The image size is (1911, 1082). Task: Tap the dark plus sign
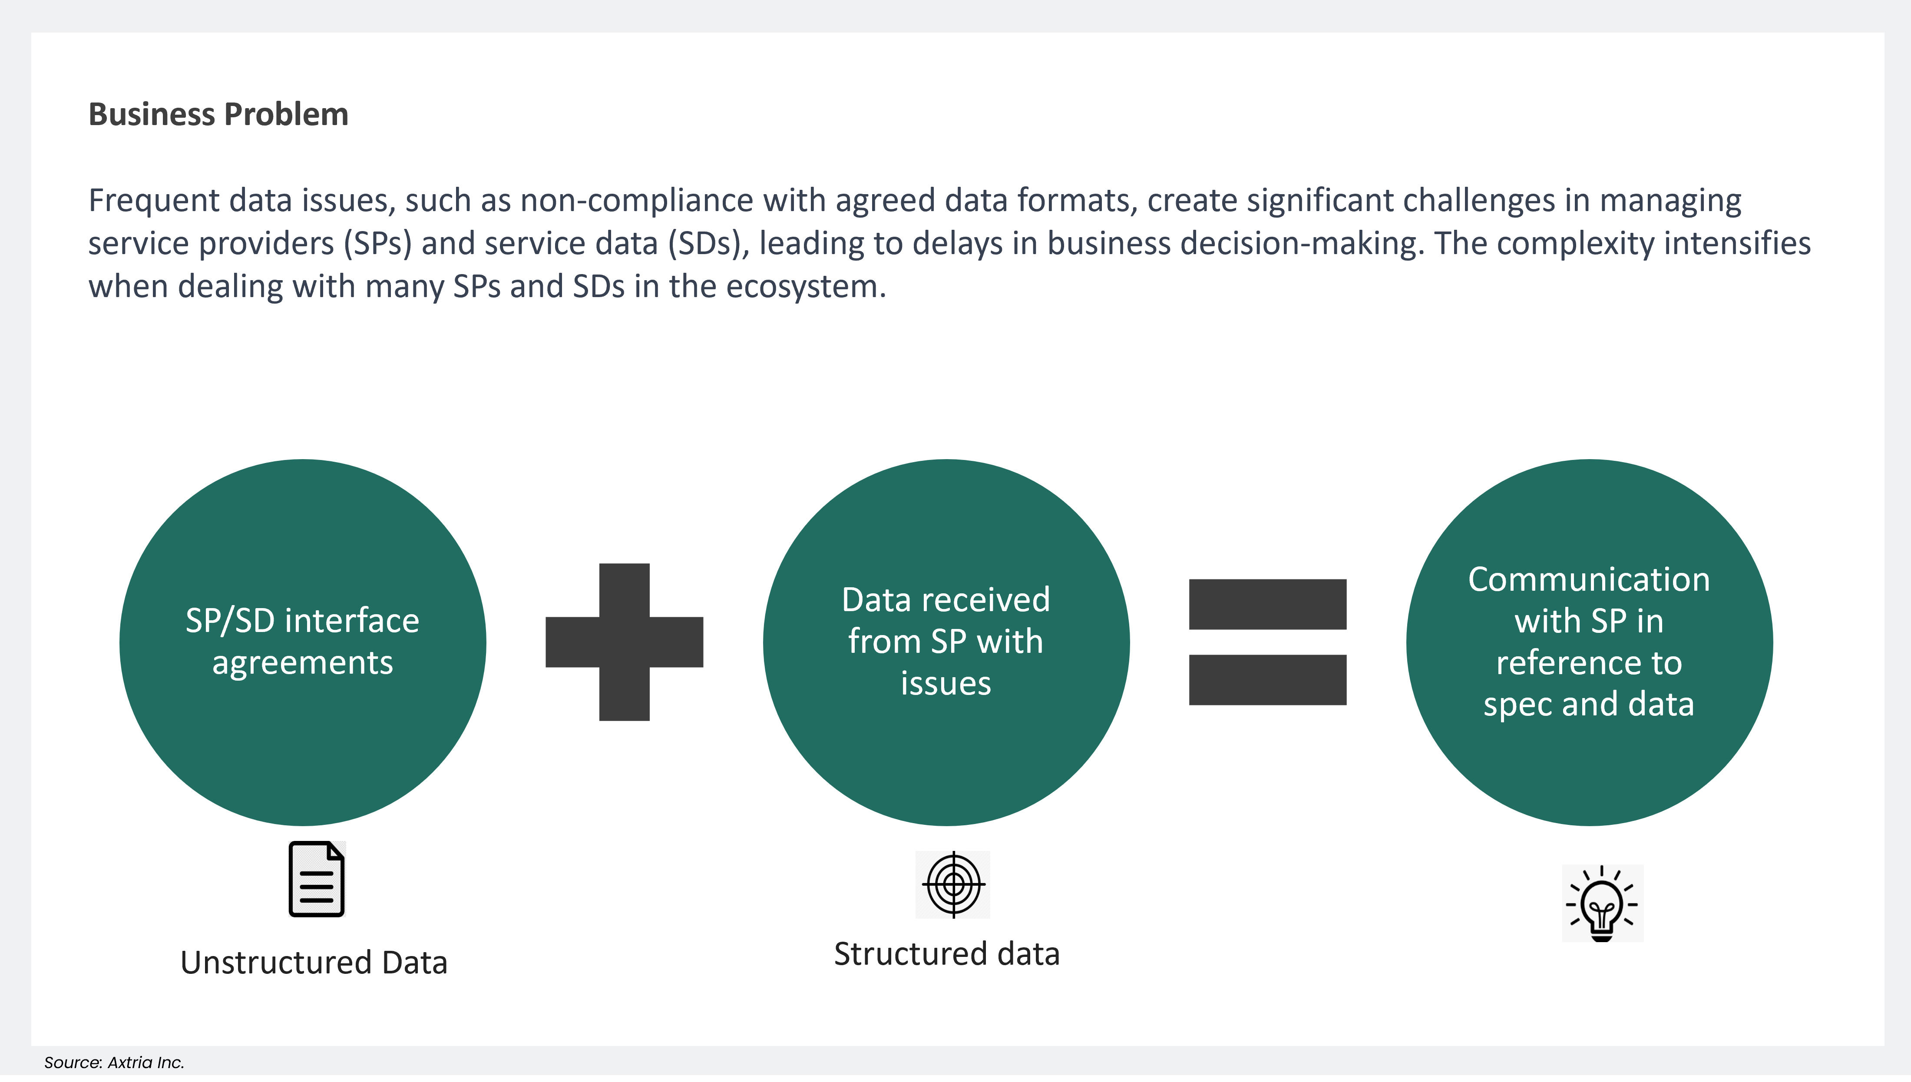(x=624, y=642)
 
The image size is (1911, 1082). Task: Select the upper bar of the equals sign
(x=1268, y=604)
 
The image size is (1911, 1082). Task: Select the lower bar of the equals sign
(x=1268, y=679)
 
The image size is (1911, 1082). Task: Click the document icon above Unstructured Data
(x=317, y=879)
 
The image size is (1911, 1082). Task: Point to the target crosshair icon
(x=953, y=884)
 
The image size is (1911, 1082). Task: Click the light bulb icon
(x=1602, y=903)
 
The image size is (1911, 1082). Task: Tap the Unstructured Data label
(x=314, y=963)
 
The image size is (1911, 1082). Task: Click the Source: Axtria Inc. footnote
(x=114, y=1062)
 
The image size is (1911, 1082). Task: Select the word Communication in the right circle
(x=1589, y=579)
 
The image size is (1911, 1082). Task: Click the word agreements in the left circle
(x=302, y=662)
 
